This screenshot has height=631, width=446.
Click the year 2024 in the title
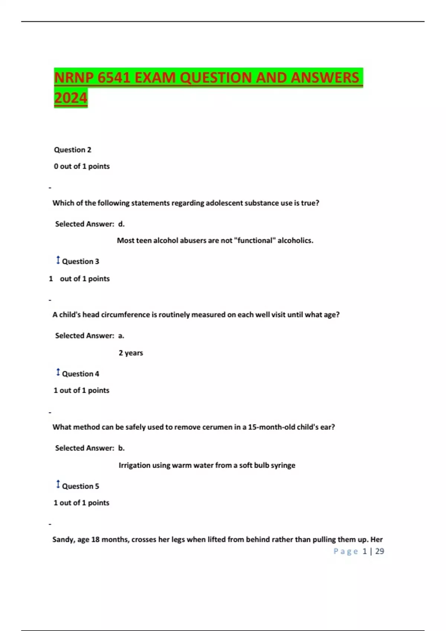coord(71,98)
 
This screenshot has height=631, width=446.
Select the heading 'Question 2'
coord(72,150)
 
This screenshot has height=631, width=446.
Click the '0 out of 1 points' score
coord(82,166)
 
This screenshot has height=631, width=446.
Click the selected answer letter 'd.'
coord(121,224)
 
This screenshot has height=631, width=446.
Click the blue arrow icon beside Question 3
coord(58,260)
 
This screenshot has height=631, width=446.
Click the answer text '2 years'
coord(131,353)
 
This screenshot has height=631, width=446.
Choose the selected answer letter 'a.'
coord(121,336)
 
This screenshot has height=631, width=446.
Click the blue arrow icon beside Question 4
coord(58,372)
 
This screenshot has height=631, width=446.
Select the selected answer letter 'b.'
coord(121,448)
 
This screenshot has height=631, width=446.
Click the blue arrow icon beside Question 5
coord(58,484)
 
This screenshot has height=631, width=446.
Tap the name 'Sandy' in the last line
coord(63,540)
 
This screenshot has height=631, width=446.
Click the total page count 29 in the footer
coord(379,551)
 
